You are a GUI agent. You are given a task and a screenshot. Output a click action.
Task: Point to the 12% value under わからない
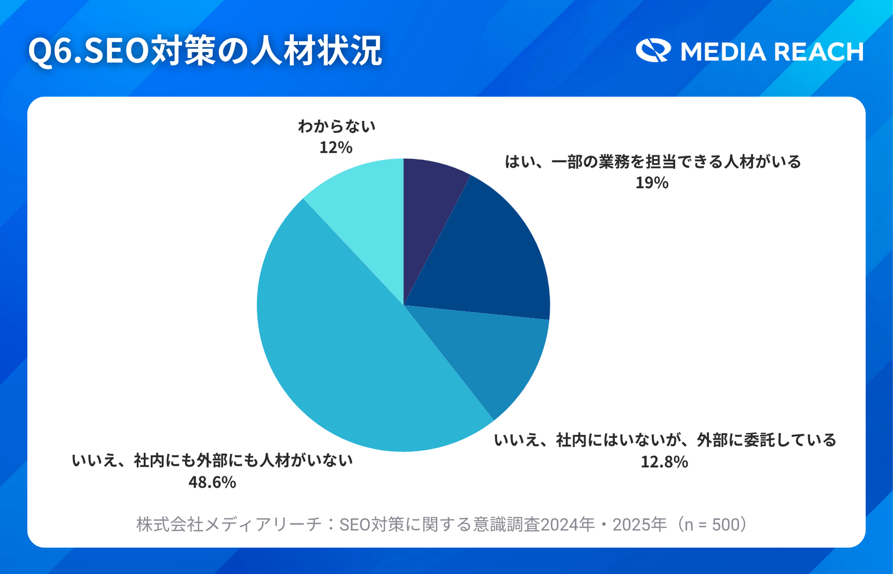coord(336,148)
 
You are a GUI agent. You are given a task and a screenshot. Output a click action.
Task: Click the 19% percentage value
coord(652,183)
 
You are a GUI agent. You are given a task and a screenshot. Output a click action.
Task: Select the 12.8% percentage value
coord(664,462)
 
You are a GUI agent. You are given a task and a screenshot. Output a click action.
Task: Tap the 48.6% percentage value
coord(212,483)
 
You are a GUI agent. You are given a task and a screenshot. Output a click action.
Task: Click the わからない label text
coord(336,126)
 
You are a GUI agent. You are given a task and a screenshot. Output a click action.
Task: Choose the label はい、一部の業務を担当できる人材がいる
coord(653,162)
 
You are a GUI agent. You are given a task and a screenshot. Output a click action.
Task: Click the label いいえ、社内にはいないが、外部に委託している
coord(665,440)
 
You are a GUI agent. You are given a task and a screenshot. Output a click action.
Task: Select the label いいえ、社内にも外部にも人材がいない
coord(212,460)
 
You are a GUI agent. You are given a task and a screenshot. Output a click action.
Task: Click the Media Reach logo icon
coord(653,51)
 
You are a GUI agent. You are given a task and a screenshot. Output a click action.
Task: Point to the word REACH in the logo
coord(819,52)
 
